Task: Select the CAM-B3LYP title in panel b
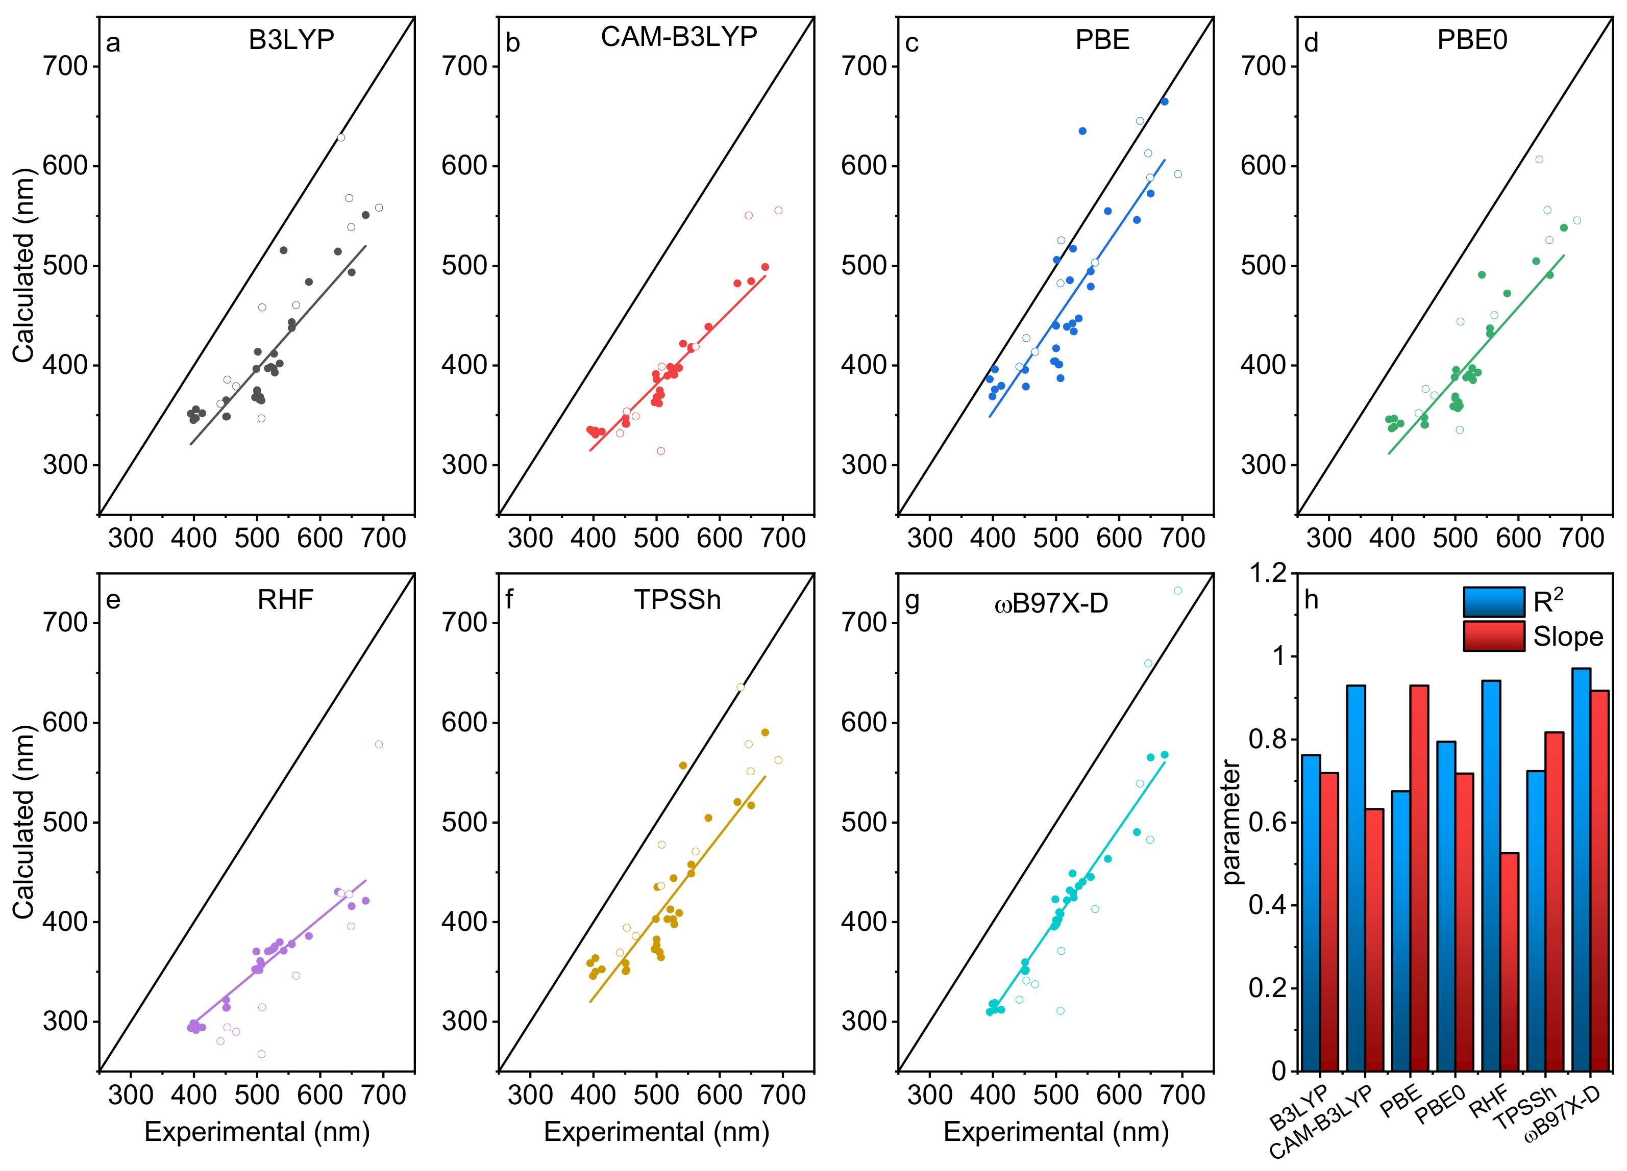[x=679, y=37]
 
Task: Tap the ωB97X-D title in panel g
[x=1051, y=604]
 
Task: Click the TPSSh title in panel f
[x=677, y=599]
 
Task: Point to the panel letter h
[x=1312, y=599]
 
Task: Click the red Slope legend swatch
[x=1494, y=636]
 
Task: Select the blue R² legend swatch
[x=1494, y=602]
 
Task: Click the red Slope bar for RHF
[x=1509, y=961]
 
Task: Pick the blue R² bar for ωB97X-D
[x=1581, y=868]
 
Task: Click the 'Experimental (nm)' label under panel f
[x=656, y=1132]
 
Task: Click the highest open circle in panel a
[x=341, y=138]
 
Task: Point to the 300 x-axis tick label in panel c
[x=930, y=538]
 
